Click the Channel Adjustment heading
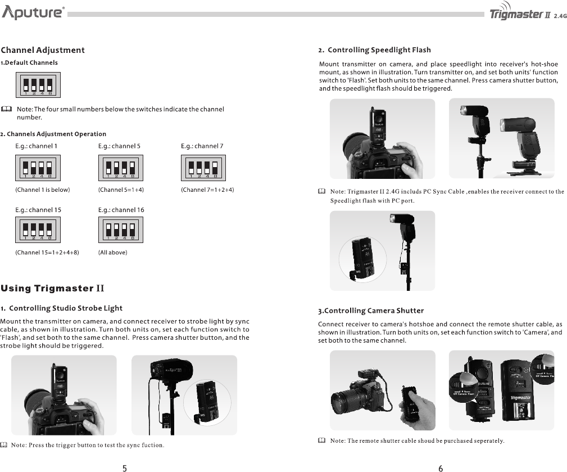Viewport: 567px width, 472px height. coord(43,50)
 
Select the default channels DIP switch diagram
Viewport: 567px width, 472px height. coord(38,85)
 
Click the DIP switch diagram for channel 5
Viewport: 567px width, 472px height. coord(121,168)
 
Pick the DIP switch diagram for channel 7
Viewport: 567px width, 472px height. coord(203,168)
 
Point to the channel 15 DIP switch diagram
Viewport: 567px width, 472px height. coord(38,230)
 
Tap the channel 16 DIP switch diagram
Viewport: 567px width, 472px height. coord(121,230)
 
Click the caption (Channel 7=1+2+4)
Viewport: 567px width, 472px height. coord(207,190)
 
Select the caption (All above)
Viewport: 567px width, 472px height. coord(113,253)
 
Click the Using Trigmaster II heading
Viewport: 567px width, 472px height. coord(53,289)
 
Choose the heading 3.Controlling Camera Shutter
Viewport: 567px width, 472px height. coord(371,311)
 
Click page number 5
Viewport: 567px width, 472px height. coord(124,467)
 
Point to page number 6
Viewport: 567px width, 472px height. coord(441,467)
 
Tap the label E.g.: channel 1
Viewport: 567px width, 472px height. coord(36,146)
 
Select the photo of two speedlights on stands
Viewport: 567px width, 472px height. coord(501,139)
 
